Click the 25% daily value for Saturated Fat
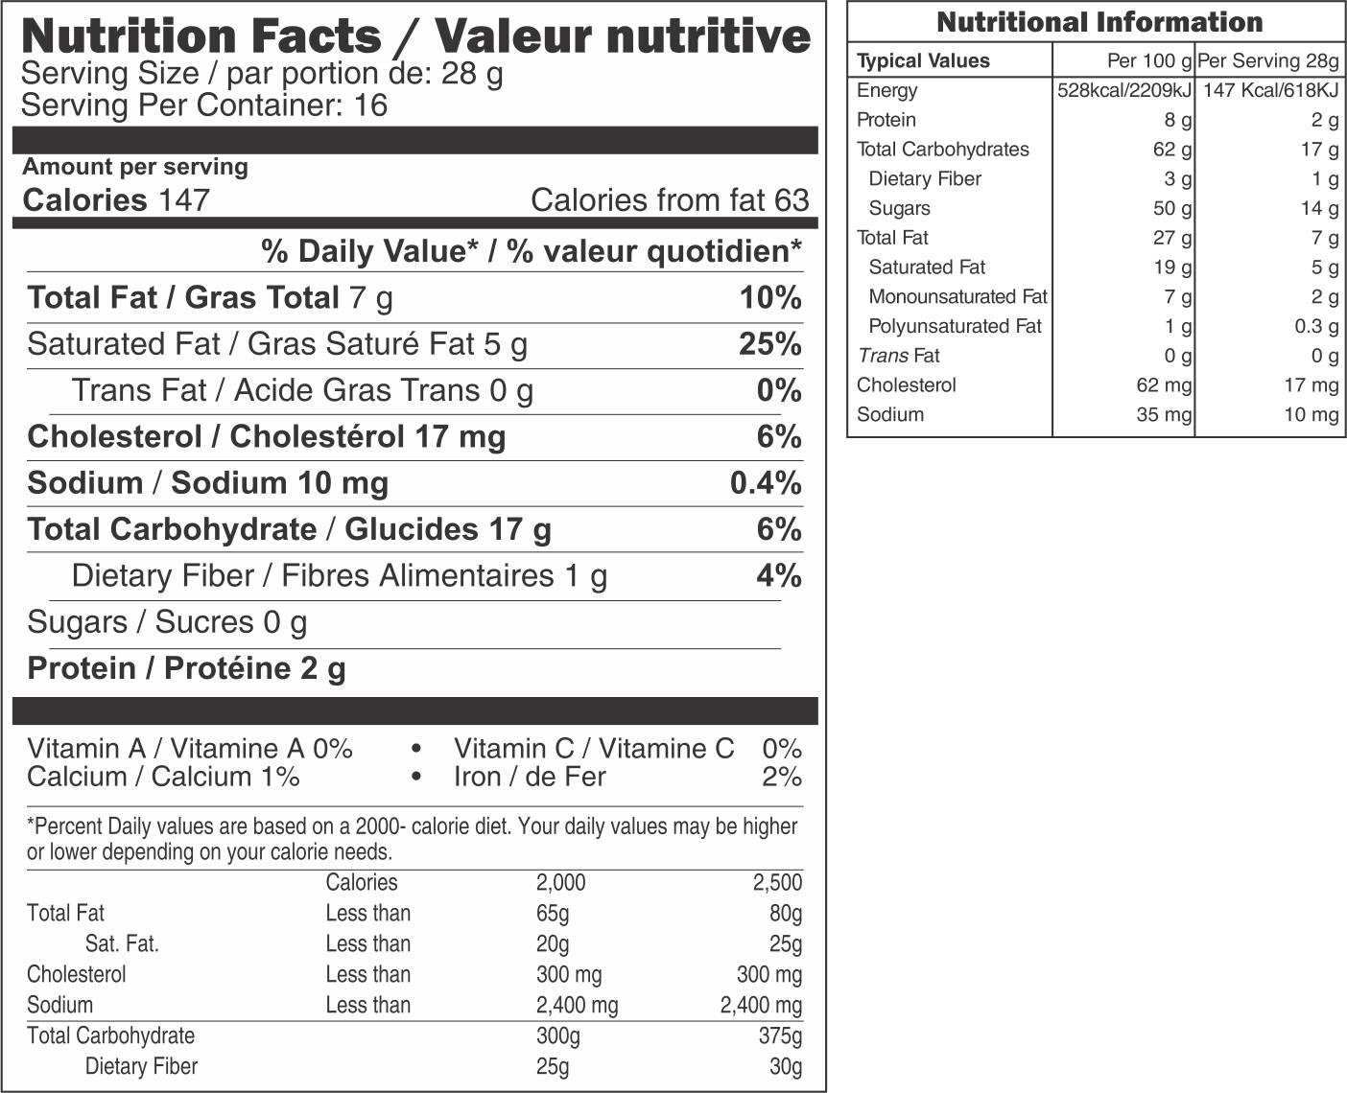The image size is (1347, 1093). click(769, 344)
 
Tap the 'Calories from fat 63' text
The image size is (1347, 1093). click(669, 200)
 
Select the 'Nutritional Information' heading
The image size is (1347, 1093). click(1099, 22)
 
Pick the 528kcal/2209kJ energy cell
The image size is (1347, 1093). click(1123, 91)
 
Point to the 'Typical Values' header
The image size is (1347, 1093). click(923, 61)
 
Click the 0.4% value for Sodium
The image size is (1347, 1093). click(765, 483)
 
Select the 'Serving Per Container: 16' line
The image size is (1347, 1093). click(204, 105)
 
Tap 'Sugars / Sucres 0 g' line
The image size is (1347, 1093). click(167, 622)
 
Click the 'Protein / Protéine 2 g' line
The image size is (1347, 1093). click(186, 668)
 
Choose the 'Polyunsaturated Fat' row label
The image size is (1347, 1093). click(955, 327)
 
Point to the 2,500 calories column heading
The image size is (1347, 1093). click(777, 883)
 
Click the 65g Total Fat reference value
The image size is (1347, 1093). click(553, 914)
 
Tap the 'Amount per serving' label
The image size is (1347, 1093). click(135, 167)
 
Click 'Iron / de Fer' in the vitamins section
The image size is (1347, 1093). click(530, 777)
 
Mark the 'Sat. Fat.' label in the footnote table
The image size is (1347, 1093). click(122, 944)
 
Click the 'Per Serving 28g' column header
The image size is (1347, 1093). click(1267, 61)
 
